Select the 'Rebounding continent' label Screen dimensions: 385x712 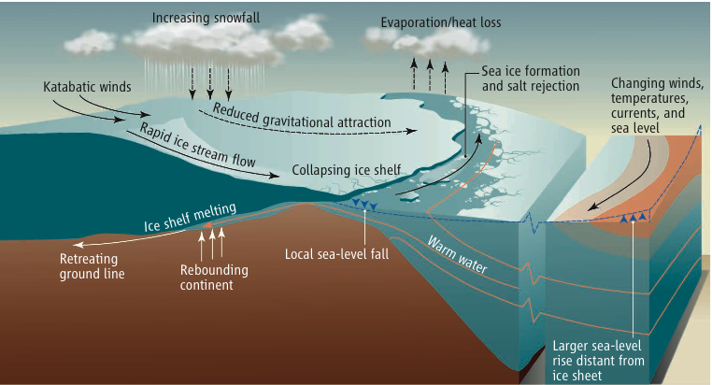coord(212,279)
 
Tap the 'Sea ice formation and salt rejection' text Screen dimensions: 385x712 coord(530,78)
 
